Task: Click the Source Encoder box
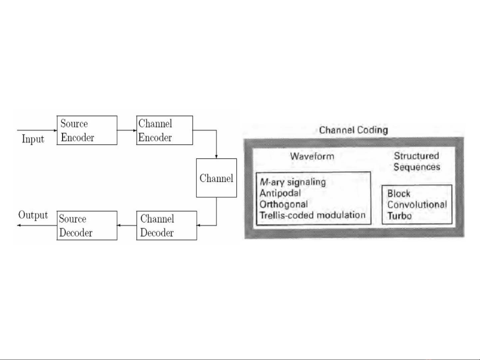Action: (87, 130)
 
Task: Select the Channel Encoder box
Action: (165, 130)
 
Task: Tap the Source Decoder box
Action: (87, 225)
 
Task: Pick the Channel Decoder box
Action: (167, 225)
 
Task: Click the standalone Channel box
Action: (217, 178)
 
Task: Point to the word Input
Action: (33, 139)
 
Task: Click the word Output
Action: (33, 215)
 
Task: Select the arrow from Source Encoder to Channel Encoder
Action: (127, 130)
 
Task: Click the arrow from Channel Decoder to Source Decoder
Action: (127, 225)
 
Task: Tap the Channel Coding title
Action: (354, 130)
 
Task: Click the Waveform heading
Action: (312, 156)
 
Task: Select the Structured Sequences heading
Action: (417, 161)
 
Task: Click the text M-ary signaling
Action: (293, 182)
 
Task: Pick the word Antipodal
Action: (280, 193)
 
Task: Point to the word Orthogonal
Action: (283, 204)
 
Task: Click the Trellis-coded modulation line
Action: (313, 215)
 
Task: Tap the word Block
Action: (399, 193)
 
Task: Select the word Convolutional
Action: (417, 204)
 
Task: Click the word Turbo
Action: (399, 216)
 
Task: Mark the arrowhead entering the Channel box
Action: (217, 157)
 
